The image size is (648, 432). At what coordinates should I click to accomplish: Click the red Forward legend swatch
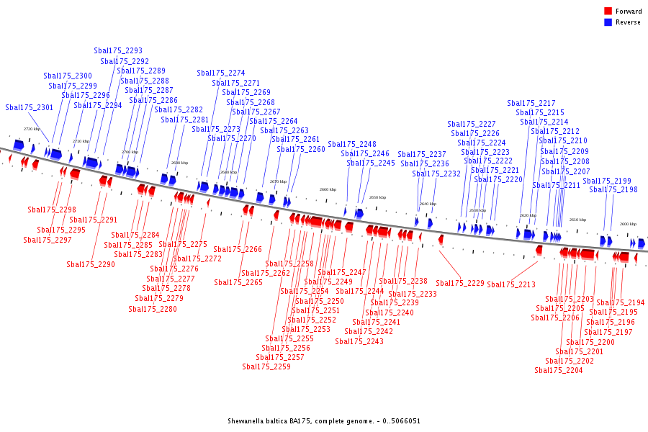[x=608, y=11]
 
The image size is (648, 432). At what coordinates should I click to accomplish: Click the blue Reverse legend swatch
[x=608, y=22]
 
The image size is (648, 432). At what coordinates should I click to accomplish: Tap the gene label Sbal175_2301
[x=30, y=108]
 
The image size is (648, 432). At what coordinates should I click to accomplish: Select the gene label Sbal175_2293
[x=118, y=51]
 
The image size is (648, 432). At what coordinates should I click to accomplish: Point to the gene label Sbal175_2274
[x=221, y=73]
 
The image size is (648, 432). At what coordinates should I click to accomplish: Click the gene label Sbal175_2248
[x=352, y=145]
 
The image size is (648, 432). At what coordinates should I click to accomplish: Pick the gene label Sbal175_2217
[x=531, y=104]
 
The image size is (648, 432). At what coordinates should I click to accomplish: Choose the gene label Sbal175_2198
[x=613, y=190]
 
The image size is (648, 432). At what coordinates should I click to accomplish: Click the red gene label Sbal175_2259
[x=266, y=367]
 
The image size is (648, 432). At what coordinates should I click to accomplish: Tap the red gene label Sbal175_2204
[x=559, y=371]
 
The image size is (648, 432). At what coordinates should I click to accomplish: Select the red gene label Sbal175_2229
[x=460, y=284]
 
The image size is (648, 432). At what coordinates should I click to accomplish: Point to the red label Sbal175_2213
[x=511, y=285]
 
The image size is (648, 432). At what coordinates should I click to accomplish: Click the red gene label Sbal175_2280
[x=153, y=310]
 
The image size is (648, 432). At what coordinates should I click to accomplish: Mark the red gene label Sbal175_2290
[x=91, y=265]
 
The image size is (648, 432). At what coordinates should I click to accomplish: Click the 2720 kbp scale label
[x=32, y=129]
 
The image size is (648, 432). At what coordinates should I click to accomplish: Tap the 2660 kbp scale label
[x=328, y=189]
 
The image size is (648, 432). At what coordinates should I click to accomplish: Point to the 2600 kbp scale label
[x=628, y=224]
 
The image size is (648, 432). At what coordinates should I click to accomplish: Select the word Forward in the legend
[x=629, y=12]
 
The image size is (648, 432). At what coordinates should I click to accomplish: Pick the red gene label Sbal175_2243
[x=359, y=342]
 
